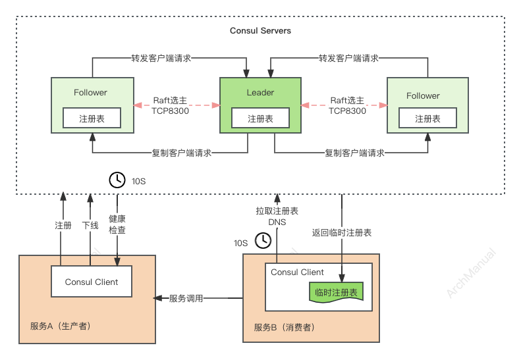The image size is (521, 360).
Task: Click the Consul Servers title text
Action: (260, 31)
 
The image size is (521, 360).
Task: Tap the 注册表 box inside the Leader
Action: (260, 118)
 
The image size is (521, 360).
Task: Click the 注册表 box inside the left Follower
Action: (92, 118)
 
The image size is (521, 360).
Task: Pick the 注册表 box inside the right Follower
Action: (427, 118)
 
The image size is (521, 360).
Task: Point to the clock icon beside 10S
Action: (117, 180)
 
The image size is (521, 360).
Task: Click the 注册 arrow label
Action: (63, 225)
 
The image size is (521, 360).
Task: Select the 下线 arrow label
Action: (90, 225)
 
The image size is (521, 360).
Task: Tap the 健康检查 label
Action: (117, 224)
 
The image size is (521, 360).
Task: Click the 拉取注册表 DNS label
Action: (277, 217)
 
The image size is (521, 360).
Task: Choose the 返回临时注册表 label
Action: (342, 232)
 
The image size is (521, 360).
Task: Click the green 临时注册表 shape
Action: (336, 292)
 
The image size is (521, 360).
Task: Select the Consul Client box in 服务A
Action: (92, 282)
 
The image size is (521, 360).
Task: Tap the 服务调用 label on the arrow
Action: (186, 298)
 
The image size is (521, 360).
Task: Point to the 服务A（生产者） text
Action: (61, 327)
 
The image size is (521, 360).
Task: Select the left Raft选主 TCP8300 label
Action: (171, 105)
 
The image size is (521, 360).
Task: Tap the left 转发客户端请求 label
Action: (161, 58)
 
